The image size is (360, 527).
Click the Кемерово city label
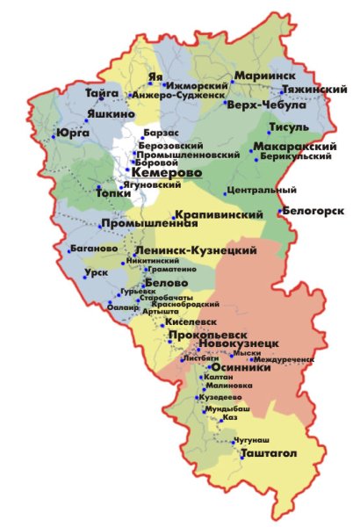[x=166, y=174]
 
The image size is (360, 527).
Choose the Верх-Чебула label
[x=266, y=105]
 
